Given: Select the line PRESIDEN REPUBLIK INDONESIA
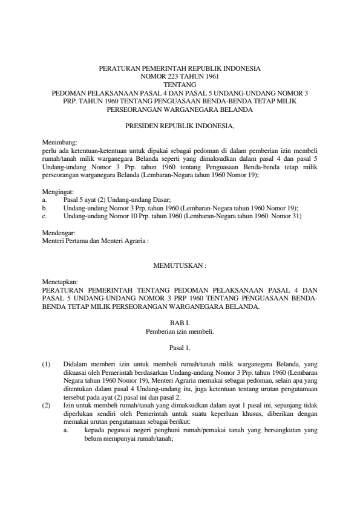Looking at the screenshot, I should (x=180, y=126).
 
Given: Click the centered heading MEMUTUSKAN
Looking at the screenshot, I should (x=179, y=265).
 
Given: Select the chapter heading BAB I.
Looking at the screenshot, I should (x=180, y=325).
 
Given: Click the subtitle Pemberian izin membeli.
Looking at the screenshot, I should (x=180, y=332).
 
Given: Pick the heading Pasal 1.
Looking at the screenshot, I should (x=180, y=349).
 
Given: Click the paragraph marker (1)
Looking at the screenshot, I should (x=46, y=366).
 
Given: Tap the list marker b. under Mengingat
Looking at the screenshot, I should (x=45, y=207).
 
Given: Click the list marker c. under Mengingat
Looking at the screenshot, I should (x=45, y=216).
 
